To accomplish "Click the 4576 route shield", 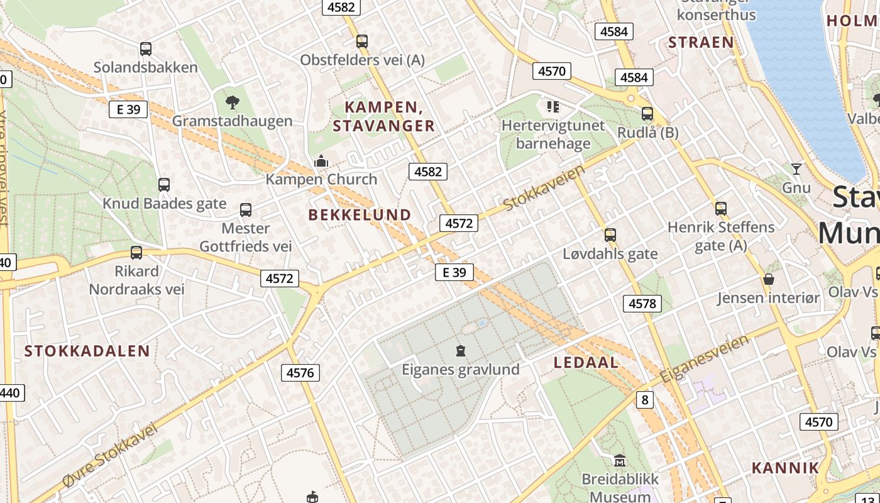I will coord(300,373).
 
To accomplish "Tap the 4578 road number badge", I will coord(642,304).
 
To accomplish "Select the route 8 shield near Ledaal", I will coord(644,399).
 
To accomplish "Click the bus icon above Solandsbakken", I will coord(146,48).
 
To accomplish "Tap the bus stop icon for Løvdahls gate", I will coord(610,235).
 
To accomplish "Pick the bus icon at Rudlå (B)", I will coord(647,114).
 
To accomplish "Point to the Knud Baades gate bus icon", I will coord(164,185).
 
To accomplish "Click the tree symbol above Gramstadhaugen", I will coord(232,102).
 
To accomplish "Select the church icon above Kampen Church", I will coord(321,162).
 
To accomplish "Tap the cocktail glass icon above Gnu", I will coord(796,169).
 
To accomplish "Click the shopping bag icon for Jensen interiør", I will coord(768,279).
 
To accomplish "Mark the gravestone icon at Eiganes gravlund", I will coord(461,350).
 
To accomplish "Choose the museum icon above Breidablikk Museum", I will coord(620,460).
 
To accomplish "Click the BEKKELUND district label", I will coord(360,215).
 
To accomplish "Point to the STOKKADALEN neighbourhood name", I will coord(87,351).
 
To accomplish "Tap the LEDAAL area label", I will coord(586,363).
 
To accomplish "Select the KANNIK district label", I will coord(786,468).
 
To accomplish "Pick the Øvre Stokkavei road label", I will coord(111,455).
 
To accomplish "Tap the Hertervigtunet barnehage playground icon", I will coord(553,107).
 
